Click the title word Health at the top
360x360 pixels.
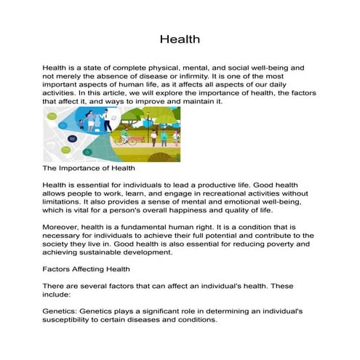180,39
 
